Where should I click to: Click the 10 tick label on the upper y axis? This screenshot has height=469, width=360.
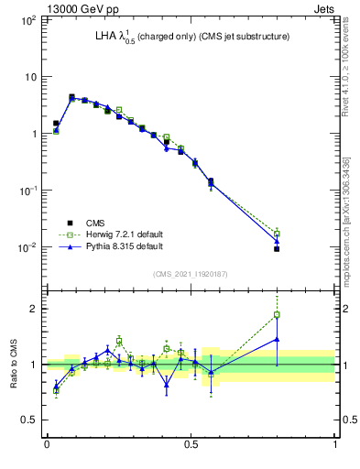pos(31,76)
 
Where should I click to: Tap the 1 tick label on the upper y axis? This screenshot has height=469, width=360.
pos(34,134)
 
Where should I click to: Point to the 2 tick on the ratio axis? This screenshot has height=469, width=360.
pos(34,309)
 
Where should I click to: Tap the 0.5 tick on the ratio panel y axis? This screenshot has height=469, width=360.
pos(29,420)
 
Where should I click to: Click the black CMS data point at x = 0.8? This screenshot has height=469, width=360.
pos(277,249)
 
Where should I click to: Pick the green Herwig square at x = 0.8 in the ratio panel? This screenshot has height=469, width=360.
pos(277,315)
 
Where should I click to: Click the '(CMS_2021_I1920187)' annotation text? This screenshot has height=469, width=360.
pos(191,274)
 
